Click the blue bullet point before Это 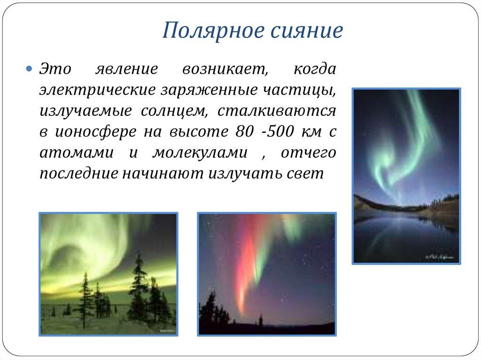pos(29,69)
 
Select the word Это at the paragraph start pos(55,69)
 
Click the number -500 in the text pos(275,132)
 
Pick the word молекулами pos(201,153)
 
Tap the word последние pos(78,174)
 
